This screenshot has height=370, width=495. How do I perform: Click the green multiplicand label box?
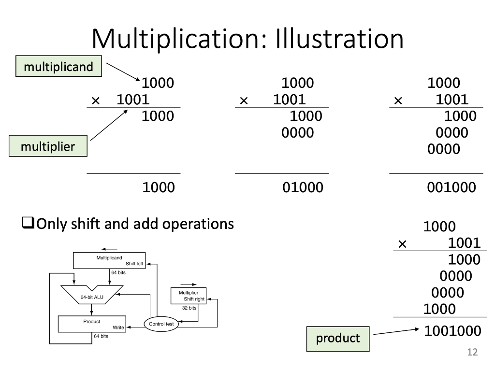pos(58,66)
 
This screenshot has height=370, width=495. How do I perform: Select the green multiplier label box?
pos(48,146)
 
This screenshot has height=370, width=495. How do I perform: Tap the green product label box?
pos(338,339)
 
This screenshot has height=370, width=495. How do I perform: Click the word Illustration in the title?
pos(339,39)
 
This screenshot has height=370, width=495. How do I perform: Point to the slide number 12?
pos(472,352)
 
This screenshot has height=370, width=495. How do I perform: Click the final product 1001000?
pos(452,331)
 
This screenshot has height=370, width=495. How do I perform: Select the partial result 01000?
pos(303,187)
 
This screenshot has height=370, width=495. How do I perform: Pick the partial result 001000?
pos(451,187)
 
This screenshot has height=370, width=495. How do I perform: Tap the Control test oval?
pos(161,324)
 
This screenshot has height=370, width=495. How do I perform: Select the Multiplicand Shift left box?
pos(109,260)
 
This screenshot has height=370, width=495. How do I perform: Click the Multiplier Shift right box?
pos(189,296)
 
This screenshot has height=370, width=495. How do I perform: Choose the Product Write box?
pos(92,324)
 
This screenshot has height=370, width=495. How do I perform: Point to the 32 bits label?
pos(189,308)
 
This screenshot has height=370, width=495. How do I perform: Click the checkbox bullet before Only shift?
pos(28,223)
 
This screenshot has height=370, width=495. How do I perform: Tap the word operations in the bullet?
pos(198,224)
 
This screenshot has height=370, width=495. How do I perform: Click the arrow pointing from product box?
pos(396,331)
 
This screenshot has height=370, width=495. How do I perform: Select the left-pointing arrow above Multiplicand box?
pos(109,249)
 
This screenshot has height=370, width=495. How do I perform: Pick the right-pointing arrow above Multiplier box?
pos(189,284)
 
